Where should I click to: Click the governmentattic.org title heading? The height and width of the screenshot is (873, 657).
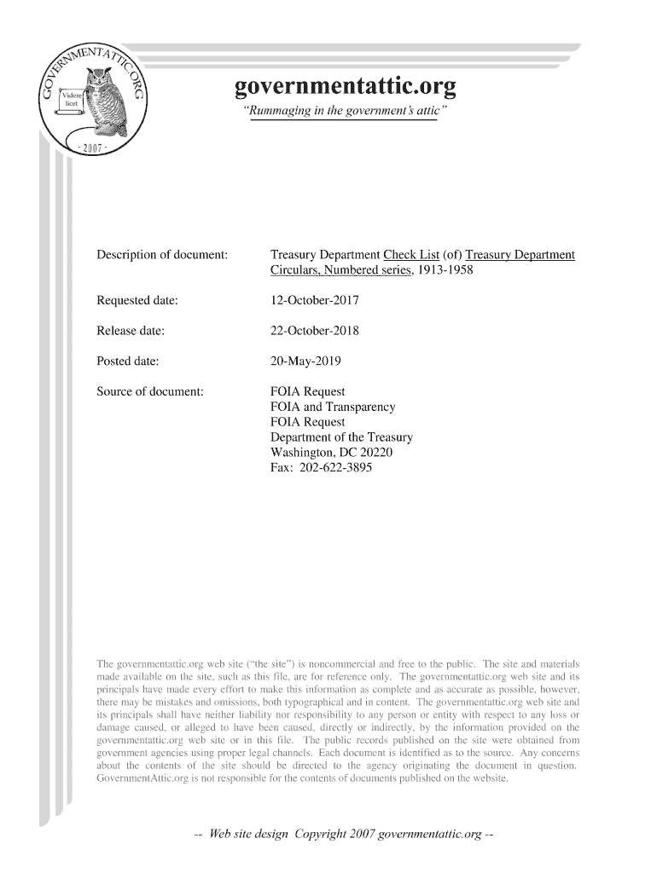point(345,87)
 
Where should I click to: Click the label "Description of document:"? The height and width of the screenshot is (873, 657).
point(161,255)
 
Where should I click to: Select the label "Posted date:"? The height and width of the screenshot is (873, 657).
point(127,361)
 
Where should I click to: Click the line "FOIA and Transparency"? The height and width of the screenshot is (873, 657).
point(333,408)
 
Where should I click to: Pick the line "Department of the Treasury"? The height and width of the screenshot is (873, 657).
point(341,438)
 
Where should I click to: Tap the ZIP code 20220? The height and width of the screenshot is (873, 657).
point(377,453)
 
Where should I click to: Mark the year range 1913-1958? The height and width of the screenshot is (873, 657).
point(445,270)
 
